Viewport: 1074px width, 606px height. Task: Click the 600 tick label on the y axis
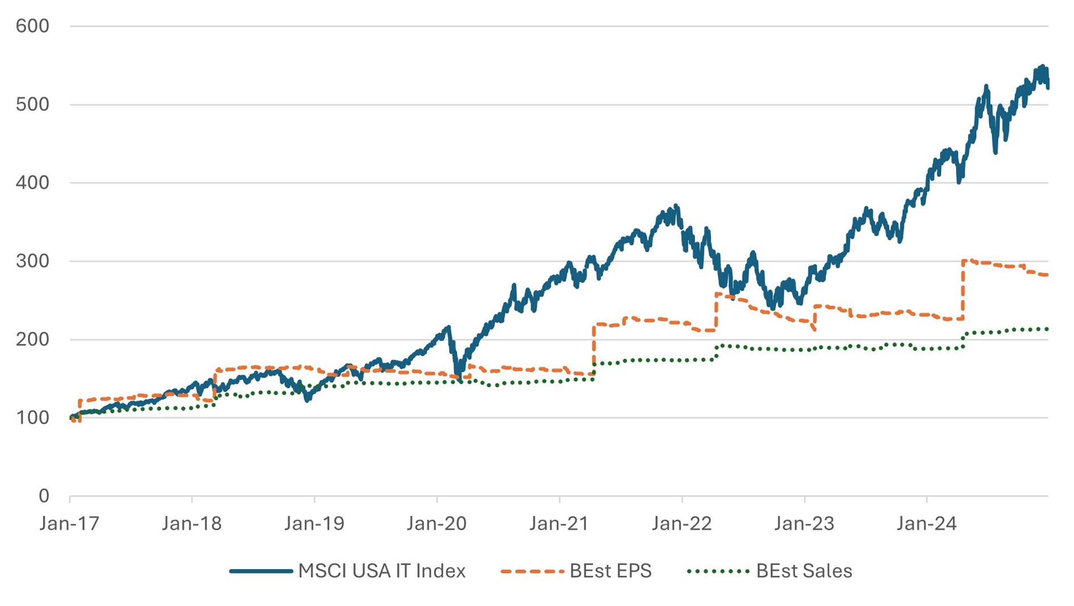tap(32, 26)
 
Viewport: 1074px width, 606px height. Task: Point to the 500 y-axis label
tap(32, 105)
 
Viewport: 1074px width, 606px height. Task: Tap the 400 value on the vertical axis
tap(32, 183)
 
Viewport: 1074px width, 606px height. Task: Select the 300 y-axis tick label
tap(32, 262)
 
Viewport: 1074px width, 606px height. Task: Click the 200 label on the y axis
tap(32, 339)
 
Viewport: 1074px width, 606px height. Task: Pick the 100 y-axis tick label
tap(32, 418)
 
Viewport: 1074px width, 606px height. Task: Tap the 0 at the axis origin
tap(44, 496)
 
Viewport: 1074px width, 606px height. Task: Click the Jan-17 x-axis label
tap(69, 524)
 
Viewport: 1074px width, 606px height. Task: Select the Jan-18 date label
tap(191, 524)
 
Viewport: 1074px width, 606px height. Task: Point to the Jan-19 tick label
tap(314, 524)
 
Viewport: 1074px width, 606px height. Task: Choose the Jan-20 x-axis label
tap(436, 524)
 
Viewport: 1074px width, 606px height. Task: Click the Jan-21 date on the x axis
tap(559, 524)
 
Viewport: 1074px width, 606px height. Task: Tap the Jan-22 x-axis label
tap(682, 524)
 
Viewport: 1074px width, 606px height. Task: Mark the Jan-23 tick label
tap(804, 524)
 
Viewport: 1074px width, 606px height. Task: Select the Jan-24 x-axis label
tap(926, 524)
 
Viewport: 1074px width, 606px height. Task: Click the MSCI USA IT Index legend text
tap(382, 571)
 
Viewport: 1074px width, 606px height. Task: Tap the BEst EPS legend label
tap(611, 571)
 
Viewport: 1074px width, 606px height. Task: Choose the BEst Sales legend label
tap(804, 571)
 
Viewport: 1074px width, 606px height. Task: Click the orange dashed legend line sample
tap(532, 571)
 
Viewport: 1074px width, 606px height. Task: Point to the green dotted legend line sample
tap(718, 571)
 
